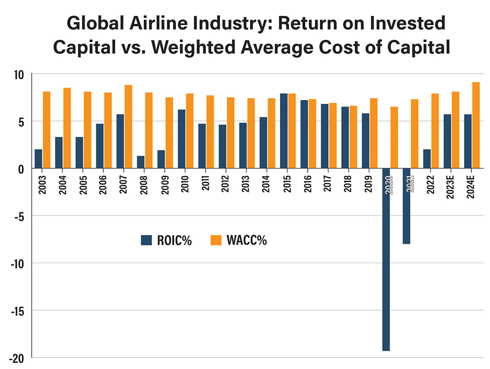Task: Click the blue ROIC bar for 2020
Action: (x=386, y=259)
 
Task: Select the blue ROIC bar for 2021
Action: (x=406, y=206)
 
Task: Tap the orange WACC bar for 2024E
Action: (x=476, y=125)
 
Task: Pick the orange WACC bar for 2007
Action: (x=128, y=127)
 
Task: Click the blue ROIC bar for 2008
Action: (x=140, y=162)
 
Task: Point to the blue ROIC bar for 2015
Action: (x=284, y=131)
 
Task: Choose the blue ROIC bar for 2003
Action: (x=38, y=159)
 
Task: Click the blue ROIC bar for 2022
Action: (x=427, y=159)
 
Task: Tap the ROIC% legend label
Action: (x=174, y=241)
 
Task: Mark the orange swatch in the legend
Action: (x=216, y=241)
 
